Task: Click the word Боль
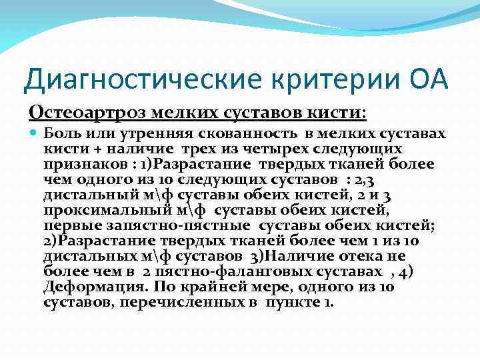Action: pos(60,133)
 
